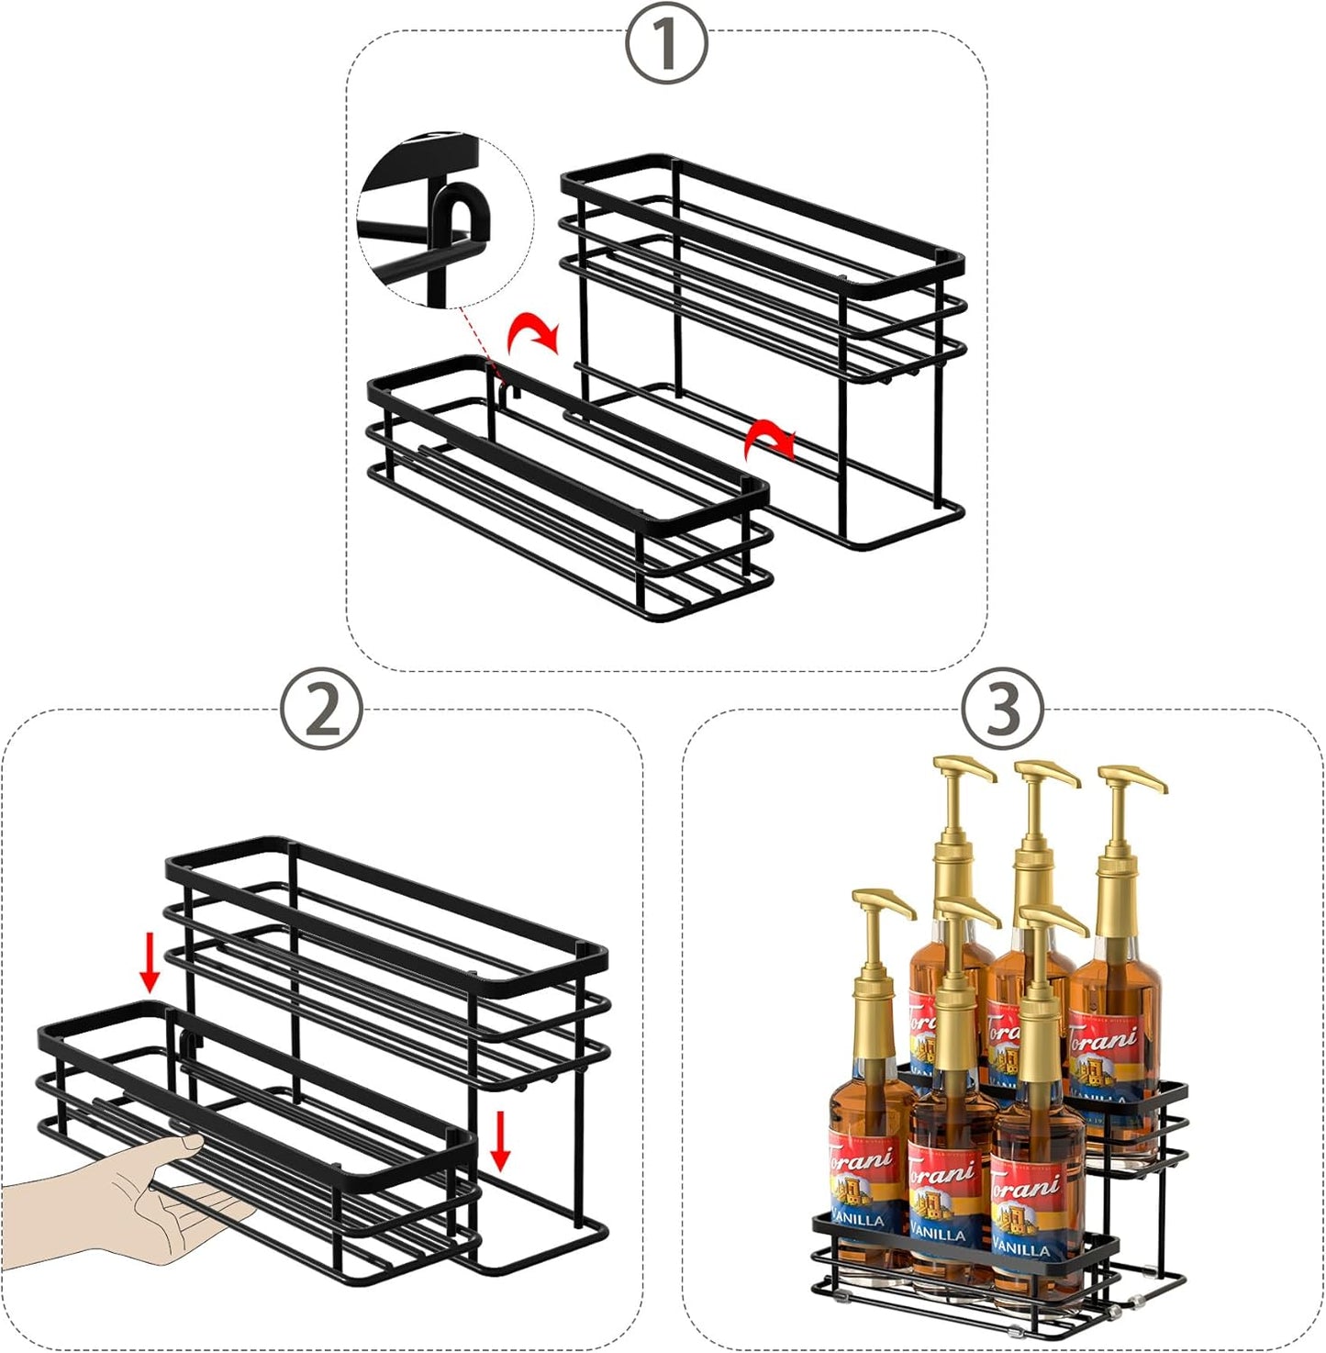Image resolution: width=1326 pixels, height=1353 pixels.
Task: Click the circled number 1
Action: point(666,43)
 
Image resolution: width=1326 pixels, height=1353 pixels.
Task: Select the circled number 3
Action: point(1003,709)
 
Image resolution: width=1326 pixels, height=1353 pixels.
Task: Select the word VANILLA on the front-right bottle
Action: point(1020,1248)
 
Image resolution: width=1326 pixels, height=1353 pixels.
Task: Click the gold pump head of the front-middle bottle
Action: point(964,913)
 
